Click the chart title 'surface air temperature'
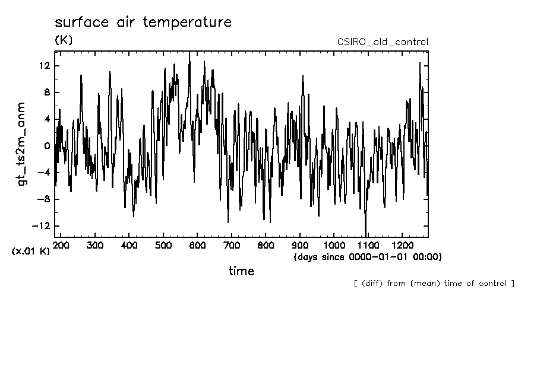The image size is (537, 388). point(143,23)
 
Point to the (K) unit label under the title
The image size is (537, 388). point(64,40)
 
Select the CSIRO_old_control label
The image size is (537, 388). point(383,42)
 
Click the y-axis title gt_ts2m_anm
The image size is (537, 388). point(22,144)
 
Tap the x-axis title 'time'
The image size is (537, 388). point(241,271)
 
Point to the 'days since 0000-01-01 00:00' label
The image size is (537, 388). point(368,257)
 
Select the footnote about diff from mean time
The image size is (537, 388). point(434,283)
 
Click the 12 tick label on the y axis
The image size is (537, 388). point(44,65)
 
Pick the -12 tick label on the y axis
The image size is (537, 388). point(42,226)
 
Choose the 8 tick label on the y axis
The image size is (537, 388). point(47,92)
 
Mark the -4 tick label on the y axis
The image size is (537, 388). point(44,173)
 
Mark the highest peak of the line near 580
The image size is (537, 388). point(189,53)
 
